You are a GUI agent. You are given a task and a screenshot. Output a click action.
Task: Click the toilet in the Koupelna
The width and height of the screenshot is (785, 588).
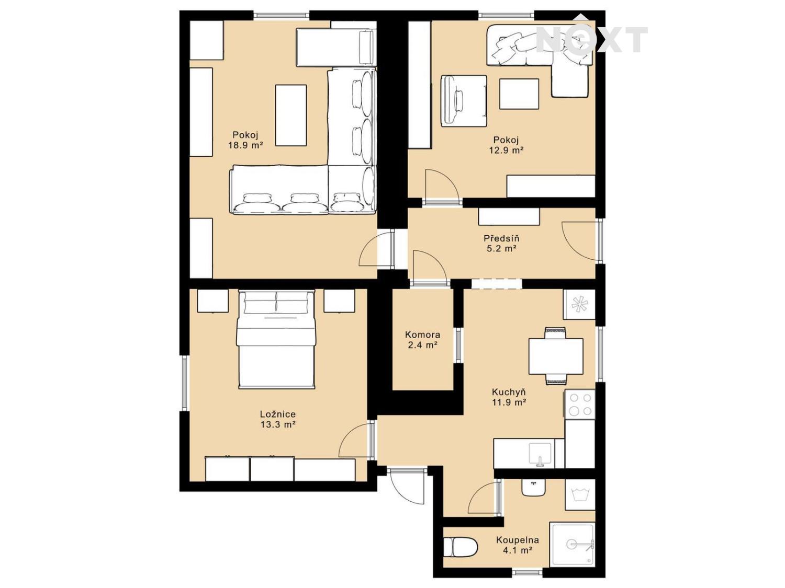tap(460, 547)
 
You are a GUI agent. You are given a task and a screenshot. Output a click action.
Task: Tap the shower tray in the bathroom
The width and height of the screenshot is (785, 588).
tap(572, 545)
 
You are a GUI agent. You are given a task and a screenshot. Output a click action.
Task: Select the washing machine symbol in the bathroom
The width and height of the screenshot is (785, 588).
tap(580, 494)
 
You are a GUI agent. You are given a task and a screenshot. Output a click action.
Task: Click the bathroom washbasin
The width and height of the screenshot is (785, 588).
tap(533, 487)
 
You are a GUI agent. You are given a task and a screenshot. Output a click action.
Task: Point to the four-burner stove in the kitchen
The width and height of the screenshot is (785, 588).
tap(580, 405)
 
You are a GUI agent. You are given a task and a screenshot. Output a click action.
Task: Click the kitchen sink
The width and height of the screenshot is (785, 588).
tap(540, 454)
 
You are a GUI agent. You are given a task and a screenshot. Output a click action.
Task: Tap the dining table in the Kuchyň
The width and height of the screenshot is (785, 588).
tap(556, 356)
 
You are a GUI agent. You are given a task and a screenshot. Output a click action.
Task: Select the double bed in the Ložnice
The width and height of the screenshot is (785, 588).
tap(276, 339)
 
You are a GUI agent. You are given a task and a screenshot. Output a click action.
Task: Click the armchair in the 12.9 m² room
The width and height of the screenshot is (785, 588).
tap(464, 101)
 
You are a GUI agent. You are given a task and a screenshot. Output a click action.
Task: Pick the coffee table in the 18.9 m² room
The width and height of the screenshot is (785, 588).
tap(291, 116)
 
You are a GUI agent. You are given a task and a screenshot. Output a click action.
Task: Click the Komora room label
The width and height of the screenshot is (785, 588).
tap(422, 335)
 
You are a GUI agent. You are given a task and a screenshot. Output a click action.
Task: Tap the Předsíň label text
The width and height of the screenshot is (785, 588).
tap(501, 238)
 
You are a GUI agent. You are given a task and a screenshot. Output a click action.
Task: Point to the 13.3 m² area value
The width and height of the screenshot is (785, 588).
tap(278, 424)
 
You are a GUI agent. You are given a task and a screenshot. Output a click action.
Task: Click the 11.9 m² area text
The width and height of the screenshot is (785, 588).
tap(509, 402)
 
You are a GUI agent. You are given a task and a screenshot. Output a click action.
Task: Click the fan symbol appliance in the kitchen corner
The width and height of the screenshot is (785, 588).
tap(579, 304)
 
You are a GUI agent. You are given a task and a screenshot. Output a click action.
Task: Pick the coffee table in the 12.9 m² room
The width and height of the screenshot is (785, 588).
tap(519, 94)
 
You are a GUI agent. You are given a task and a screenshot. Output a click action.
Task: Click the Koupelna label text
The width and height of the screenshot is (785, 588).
tap(517, 540)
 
